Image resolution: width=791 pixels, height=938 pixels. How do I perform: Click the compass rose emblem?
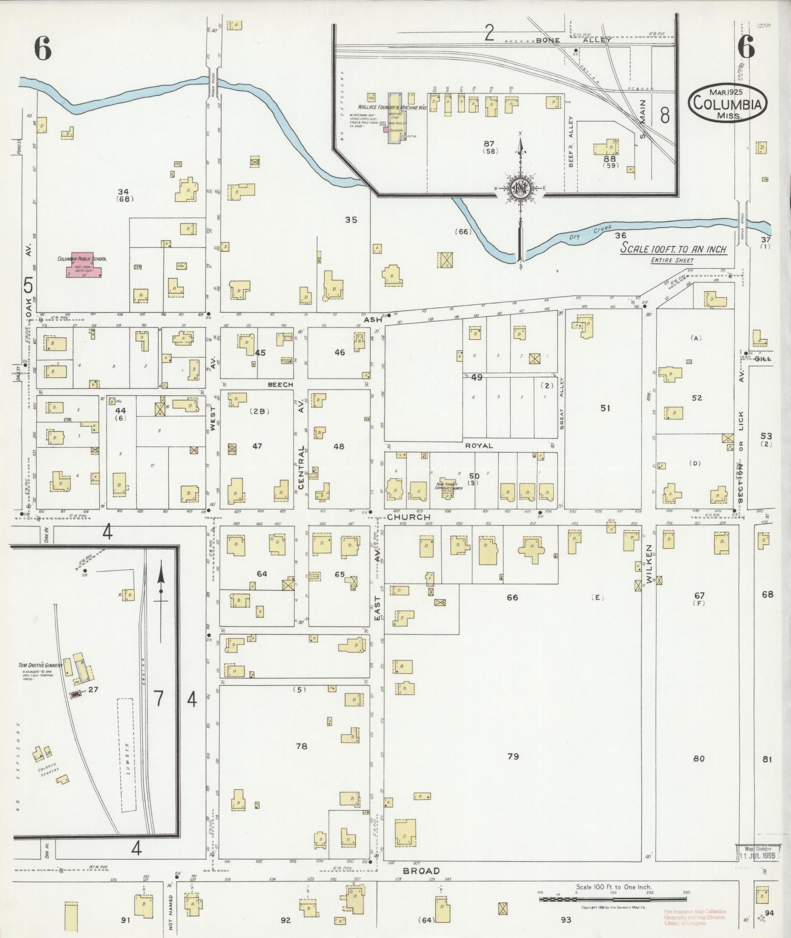(x=520, y=188)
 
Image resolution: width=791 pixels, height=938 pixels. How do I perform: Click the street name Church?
(x=408, y=517)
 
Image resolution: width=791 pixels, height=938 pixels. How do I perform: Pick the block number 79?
(x=513, y=756)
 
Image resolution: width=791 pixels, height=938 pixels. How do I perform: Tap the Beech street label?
(x=280, y=384)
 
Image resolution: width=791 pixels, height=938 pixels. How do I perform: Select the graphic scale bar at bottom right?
(x=612, y=898)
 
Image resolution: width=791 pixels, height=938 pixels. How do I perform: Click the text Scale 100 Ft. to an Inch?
(x=673, y=249)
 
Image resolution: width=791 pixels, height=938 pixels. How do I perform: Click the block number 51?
(x=605, y=408)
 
